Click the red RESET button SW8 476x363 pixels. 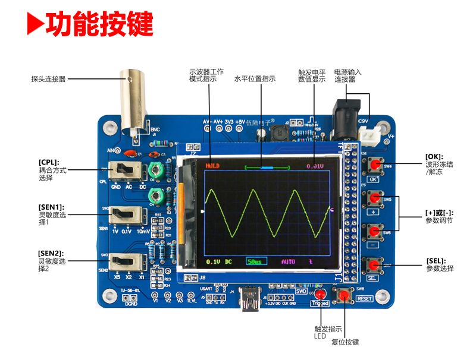(x=345, y=295)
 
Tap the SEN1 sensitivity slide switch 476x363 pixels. (x=127, y=214)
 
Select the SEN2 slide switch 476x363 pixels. (x=127, y=260)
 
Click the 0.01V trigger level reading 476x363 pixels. (x=315, y=166)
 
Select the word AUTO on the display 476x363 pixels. (x=288, y=261)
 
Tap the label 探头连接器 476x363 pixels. (x=48, y=78)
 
